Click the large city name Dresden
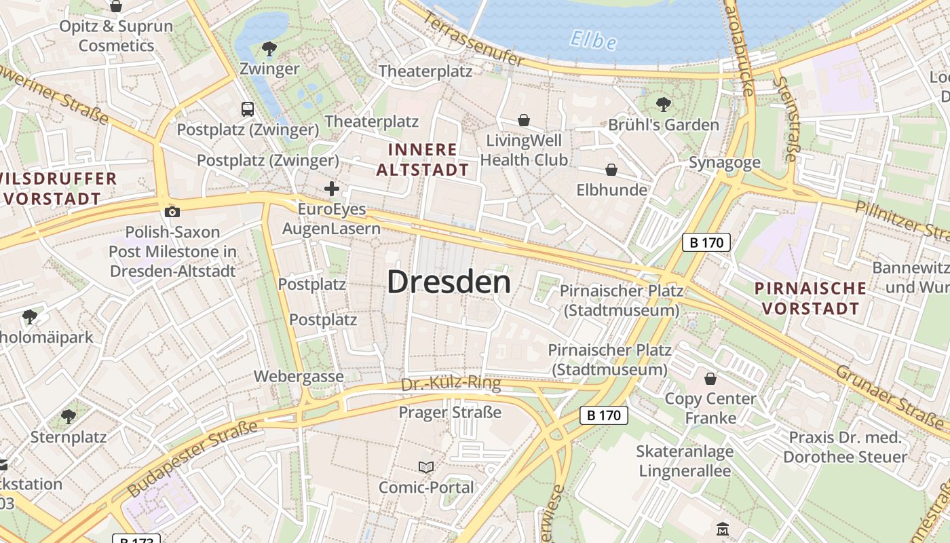(449, 282)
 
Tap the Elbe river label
(593, 41)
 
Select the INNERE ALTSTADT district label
(422, 160)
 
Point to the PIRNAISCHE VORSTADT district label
(810, 299)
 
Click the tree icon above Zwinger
(269, 49)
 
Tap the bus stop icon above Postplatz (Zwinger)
(248, 109)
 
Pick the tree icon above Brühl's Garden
(664, 105)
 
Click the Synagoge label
(724, 163)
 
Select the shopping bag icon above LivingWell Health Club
(524, 121)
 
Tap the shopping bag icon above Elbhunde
(611, 170)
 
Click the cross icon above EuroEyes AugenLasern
(332, 189)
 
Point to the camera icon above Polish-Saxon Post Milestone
(172, 212)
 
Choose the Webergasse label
(299, 376)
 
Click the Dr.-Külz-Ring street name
(451, 384)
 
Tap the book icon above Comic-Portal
(426, 467)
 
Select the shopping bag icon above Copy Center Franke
(710, 379)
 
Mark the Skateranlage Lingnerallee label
(685, 461)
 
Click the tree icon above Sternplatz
(68, 416)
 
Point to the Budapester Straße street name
(193, 459)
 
